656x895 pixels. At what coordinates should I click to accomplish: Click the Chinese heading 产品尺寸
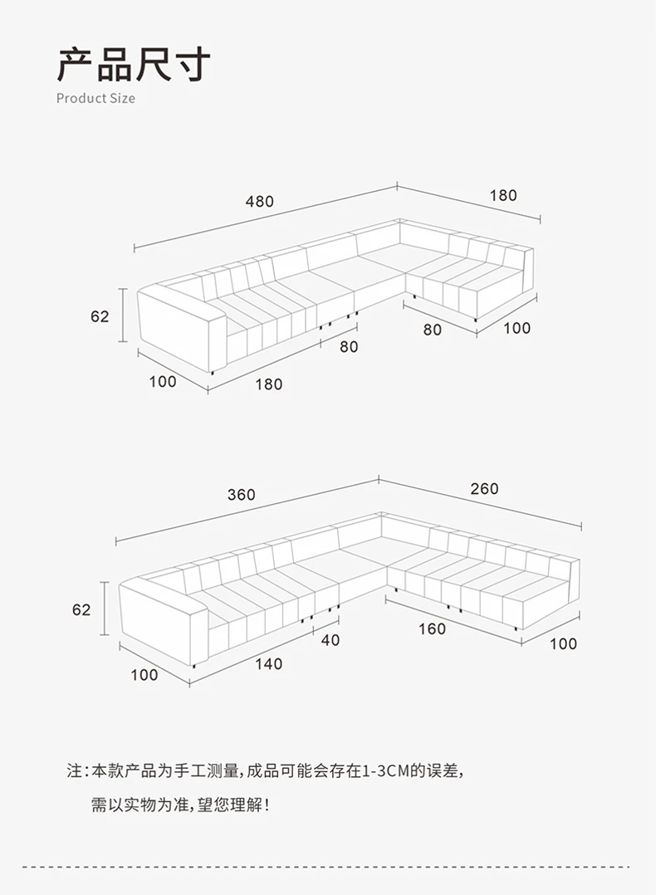(x=134, y=64)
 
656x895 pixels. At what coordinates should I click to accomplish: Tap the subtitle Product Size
(x=95, y=98)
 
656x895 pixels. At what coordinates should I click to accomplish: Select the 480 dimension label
(x=259, y=202)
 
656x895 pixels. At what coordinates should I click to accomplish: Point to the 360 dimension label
(x=242, y=495)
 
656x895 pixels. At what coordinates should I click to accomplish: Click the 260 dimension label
(x=484, y=489)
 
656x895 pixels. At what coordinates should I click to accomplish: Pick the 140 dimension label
(x=268, y=663)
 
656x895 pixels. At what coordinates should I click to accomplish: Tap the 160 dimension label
(x=432, y=628)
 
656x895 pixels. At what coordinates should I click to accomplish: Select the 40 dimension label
(x=330, y=640)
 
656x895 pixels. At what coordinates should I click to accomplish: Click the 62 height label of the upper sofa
(x=100, y=316)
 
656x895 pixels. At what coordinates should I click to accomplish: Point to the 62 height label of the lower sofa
(x=81, y=609)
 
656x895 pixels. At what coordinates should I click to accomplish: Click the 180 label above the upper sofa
(x=503, y=196)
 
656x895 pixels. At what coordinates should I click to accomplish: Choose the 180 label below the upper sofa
(x=268, y=384)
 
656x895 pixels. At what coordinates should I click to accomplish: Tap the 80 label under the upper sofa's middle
(x=349, y=347)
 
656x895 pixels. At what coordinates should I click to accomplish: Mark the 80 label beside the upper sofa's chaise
(x=432, y=330)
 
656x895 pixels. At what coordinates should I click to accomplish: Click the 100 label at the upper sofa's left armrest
(x=163, y=381)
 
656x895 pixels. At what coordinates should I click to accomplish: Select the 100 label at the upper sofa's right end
(x=516, y=328)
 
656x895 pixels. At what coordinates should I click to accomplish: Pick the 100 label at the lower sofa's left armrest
(x=144, y=674)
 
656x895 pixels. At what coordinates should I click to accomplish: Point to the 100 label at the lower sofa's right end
(x=563, y=643)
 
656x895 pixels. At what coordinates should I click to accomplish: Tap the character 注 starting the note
(x=75, y=771)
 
